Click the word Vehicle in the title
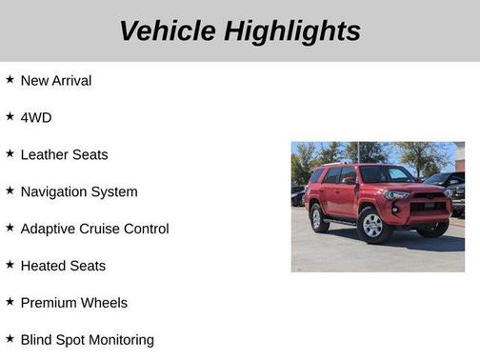click(168, 30)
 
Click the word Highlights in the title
click(292, 30)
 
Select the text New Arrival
click(55, 81)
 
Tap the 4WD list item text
click(35, 118)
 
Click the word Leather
click(44, 155)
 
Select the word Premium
click(48, 304)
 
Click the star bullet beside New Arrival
click(10, 80)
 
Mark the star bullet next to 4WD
click(10, 117)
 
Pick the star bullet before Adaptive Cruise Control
click(10, 229)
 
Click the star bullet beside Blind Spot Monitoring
click(10, 339)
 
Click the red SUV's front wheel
click(372, 225)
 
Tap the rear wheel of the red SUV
click(319, 218)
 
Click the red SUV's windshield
click(386, 174)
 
